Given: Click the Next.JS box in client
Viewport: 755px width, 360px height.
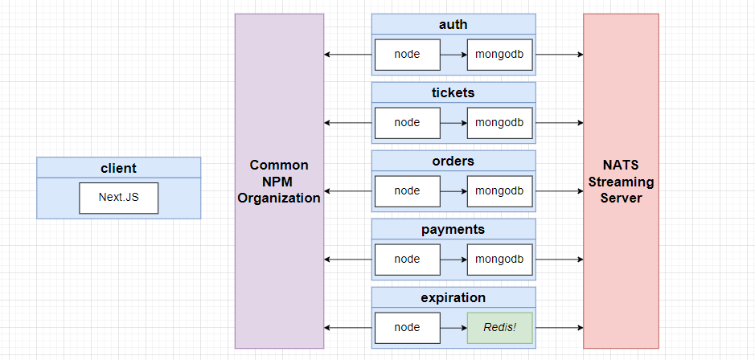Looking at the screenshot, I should (118, 198).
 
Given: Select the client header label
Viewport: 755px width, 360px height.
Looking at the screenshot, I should (118, 168).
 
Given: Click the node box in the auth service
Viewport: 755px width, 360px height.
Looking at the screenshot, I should (407, 55).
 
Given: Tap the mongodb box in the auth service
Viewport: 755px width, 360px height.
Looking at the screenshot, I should (499, 55).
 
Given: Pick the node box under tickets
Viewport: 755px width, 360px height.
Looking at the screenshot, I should (407, 123).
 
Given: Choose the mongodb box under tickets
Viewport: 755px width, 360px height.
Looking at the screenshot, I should (499, 123).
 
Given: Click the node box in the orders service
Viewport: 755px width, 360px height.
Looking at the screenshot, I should (407, 191).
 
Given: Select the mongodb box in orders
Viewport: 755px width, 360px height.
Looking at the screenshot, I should (499, 191).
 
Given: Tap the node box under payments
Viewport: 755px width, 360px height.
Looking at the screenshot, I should (407, 260).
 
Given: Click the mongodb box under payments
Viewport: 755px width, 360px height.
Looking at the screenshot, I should (499, 260).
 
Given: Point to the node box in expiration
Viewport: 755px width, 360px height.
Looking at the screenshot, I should (407, 328).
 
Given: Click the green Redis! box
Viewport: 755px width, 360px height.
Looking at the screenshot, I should (499, 328).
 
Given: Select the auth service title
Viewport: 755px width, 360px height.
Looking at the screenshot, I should (453, 24).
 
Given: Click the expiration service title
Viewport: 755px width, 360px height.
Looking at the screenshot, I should (453, 297).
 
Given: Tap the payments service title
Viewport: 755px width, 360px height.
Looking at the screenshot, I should (453, 229).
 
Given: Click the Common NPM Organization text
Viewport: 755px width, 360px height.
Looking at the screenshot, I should (279, 182).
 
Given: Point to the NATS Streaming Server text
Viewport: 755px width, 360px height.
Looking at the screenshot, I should (621, 182).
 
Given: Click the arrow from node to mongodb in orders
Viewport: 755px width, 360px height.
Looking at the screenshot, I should (453, 191).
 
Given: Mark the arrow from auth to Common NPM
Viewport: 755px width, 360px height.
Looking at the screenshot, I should (349, 55).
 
